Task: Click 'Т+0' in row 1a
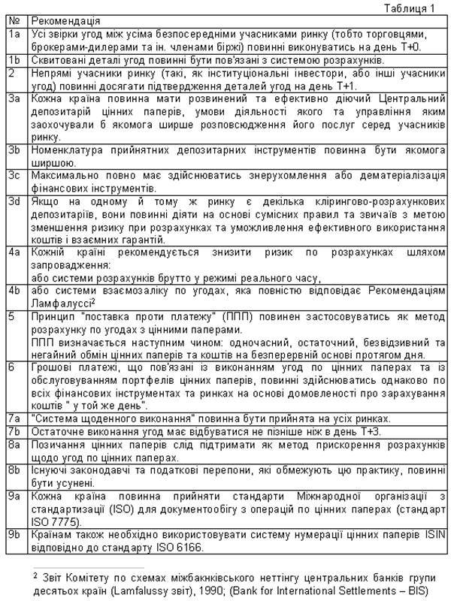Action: (x=430, y=47)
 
